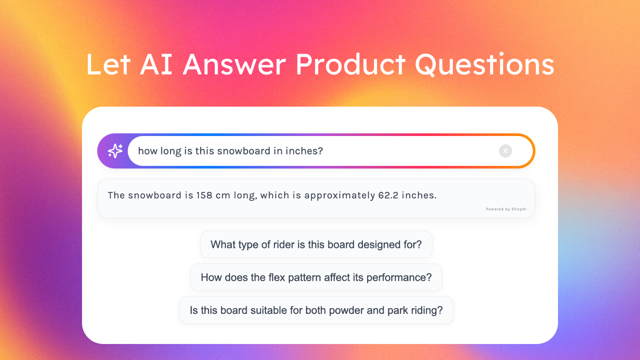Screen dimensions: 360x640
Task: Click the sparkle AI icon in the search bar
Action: pos(115,151)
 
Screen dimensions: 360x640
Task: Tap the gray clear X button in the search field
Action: pos(505,151)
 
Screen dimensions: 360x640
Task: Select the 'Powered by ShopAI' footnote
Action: pos(506,209)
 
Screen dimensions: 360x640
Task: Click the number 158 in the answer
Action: pos(204,195)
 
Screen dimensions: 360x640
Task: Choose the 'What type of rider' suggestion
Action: pos(316,244)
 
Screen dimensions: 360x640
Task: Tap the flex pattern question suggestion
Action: pos(316,277)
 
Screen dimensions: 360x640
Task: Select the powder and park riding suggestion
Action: pos(316,310)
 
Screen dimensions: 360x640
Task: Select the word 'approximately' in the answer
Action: pos(340,195)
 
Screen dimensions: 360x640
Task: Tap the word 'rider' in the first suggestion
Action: pos(284,244)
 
